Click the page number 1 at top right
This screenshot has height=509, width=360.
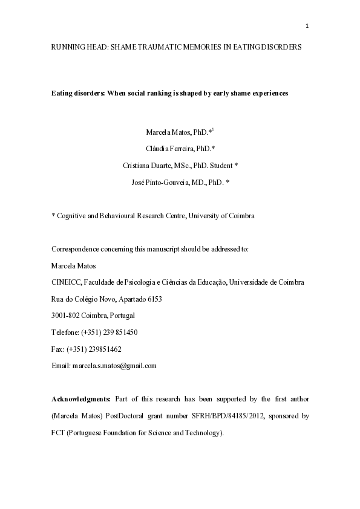[307, 25]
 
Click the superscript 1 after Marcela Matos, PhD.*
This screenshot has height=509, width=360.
[214, 129]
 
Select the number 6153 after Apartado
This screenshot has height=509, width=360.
[153, 299]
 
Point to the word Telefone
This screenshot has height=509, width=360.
[65, 332]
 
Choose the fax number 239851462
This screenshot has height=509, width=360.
[103, 349]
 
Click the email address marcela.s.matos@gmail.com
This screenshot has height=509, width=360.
[114, 366]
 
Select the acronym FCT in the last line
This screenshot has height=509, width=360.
[59, 433]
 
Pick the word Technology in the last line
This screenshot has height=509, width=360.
[204, 433]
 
